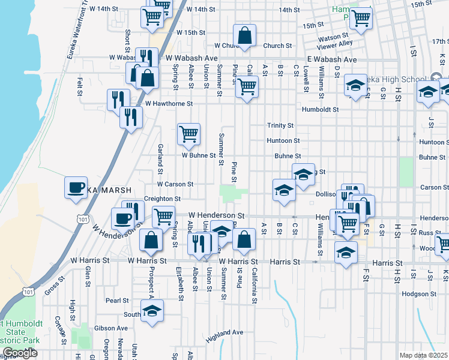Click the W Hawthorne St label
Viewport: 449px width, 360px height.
coord(168,103)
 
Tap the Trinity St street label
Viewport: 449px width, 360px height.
coord(280,125)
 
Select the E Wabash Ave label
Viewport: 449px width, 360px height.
coord(331,59)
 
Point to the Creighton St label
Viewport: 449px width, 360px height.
coord(161,199)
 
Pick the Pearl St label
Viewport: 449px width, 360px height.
coord(117,301)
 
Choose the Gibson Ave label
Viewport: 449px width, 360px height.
coord(113,328)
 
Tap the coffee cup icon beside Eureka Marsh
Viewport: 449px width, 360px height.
coord(76,187)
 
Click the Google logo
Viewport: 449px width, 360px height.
coord(20,353)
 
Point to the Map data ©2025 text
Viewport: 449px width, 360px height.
coord(424,355)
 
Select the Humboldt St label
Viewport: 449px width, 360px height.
coord(321,110)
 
